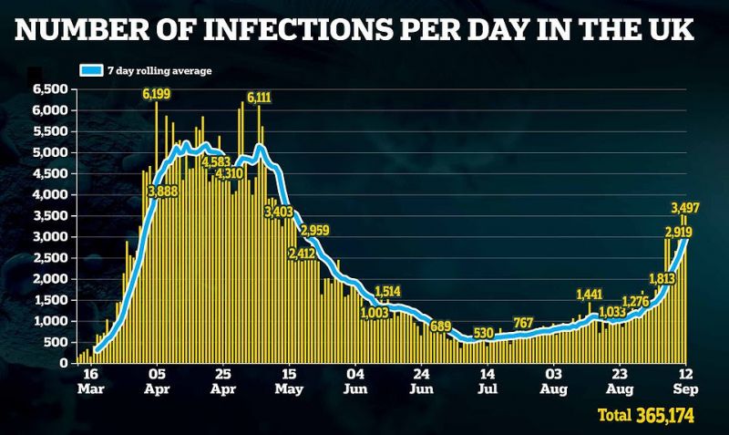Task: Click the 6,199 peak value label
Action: click(x=157, y=95)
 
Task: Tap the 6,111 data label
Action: click(x=259, y=98)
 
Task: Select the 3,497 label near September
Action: click(x=685, y=208)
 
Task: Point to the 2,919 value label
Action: click(x=679, y=232)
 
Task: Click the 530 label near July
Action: click(x=483, y=333)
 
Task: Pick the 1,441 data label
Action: click(x=590, y=295)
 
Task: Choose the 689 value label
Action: click(x=440, y=326)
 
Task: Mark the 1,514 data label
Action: click(x=387, y=292)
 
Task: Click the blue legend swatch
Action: click(x=91, y=71)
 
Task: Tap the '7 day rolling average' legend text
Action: click(x=159, y=71)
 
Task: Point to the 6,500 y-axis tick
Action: click(x=51, y=88)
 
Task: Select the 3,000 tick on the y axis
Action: click(x=51, y=237)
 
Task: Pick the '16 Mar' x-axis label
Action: click(x=90, y=381)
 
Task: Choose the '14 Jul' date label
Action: click(x=488, y=381)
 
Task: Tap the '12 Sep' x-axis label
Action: click(x=686, y=381)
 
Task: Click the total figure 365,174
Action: click(x=665, y=415)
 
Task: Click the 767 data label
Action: click(x=523, y=323)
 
